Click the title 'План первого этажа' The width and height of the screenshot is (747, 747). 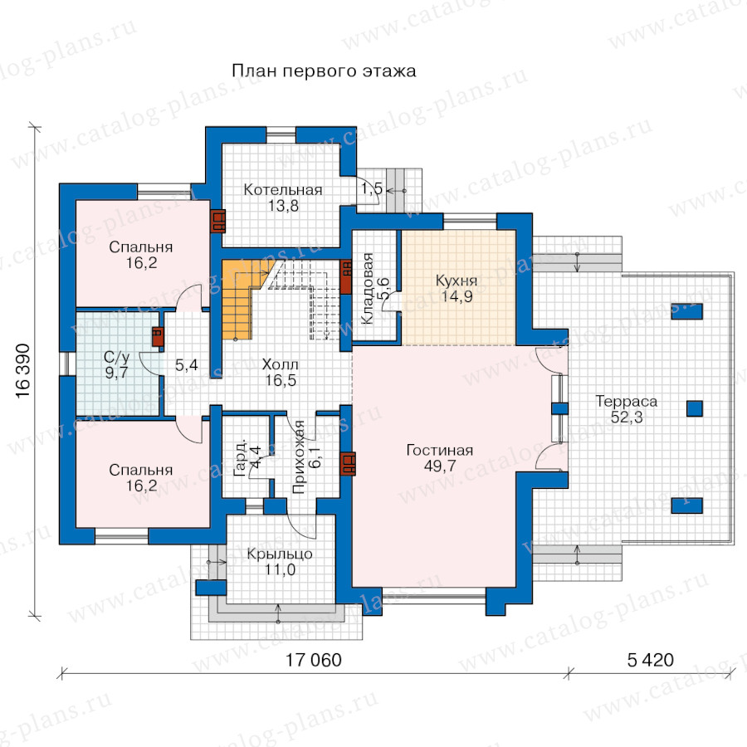(324, 71)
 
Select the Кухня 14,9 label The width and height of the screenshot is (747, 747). (456, 288)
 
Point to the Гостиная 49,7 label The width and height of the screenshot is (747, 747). (440, 458)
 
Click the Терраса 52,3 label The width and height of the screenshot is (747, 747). (627, 408)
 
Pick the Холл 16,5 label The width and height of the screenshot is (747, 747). (281, 373)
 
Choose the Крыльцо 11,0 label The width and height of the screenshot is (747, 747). (280, 561)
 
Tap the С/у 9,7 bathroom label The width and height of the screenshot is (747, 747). (117, 364)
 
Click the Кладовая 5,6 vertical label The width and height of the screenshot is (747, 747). (375, 289)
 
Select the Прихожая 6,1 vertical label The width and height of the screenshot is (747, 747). (307, 456)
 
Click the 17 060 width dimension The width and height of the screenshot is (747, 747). (314, 661)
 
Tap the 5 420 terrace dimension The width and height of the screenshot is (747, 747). (650, 661)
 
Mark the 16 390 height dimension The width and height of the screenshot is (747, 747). (23, 371)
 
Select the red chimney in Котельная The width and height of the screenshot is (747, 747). (218, 222)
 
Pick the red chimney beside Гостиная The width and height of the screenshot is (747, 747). (349, 463)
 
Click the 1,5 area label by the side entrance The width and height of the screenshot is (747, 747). (372, 188)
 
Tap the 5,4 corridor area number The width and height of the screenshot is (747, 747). (186, 365)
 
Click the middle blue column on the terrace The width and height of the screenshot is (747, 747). (694, 408)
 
